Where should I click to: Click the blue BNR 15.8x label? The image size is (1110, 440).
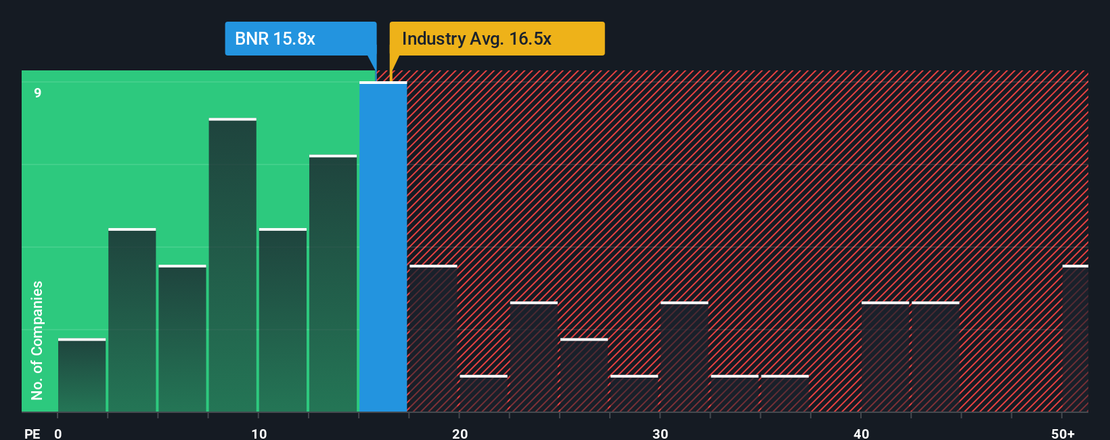pyautogui.click(x=300, y=39)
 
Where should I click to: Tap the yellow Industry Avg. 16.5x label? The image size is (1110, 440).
pyautogui.click(x=496, y=39)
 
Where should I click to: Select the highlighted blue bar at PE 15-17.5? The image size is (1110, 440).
pyautogui.click(x=382, y=247)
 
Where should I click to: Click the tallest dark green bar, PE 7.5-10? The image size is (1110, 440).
pyautogui.click(x=232, y=265)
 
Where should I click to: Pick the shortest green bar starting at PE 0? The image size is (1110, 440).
pyautogui.click(x=82, y=376)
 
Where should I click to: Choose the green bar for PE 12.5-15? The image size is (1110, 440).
pyautogui.click(x=333, y=284)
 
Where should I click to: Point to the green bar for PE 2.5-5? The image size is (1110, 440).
pyautogui.click(x=132, y=320)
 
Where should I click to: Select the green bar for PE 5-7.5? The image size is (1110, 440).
pyautogui.click(x=182, y=338)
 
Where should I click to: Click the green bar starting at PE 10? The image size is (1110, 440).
pyautogui.click(x=283, y=320)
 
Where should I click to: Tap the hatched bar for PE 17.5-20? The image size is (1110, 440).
pyautogui.click(x=433, y=338)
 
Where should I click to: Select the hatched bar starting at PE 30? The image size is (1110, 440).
pyautogui.click(x=684, y=357)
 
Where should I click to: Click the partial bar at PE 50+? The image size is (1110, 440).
pyautogui.click(x=1075, y=338)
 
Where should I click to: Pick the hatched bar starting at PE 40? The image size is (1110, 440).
pyautogui.click(x=885, y=357)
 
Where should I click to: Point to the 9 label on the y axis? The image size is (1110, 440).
pyautogui.click(x=38, y=93)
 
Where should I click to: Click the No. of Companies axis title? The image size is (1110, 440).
pyautogui.click(x=37, y=340)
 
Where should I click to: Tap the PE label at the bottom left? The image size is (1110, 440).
pyautogui.click(x=32, y=433)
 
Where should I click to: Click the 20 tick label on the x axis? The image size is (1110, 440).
pyautogui.click(x=460, y=433)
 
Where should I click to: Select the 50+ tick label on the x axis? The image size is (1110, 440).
pyautogui.click(x=1063, y=433)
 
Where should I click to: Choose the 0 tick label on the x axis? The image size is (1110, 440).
pyautogui.click(x=58, y=433)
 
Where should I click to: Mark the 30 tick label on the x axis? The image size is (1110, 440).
pyautogui.click(x=660, y=433)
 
